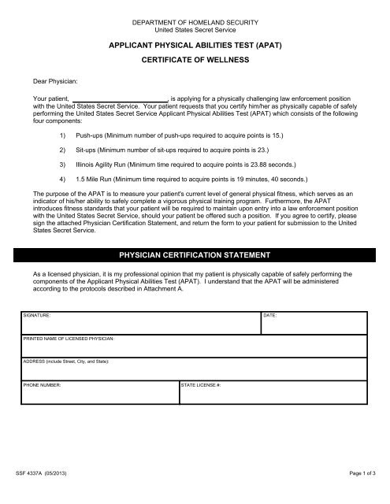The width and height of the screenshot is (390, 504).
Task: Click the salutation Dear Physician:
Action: click(46, 80)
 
